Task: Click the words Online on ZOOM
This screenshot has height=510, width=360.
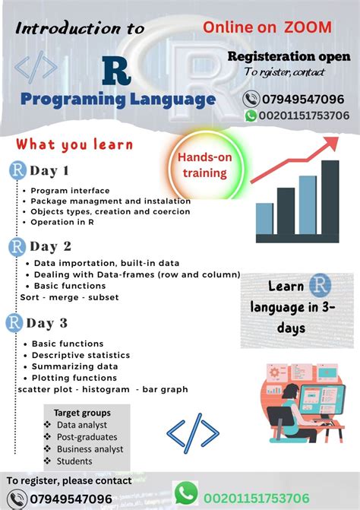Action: pyautogui.click(x=267, y=27)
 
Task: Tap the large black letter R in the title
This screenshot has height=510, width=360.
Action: pyautogui.click(x=115, y=71)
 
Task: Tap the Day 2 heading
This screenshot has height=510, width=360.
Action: pyautogui.click(x=50, y=246)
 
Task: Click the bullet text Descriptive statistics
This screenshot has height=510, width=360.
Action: pyautogui.click(x=81, y=355)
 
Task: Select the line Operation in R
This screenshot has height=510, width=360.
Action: pyautogui.click(x=62, y=222)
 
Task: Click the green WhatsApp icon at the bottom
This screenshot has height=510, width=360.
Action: pyautogui.click(x=186, y=494)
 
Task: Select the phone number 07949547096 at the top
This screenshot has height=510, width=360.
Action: pyautogui.click(x=303, y=99)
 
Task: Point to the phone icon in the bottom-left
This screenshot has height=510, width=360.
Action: pyautogui.click(x=16, y=499)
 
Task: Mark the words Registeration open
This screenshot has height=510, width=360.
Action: pyautogui.click(x=289, y=57)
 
